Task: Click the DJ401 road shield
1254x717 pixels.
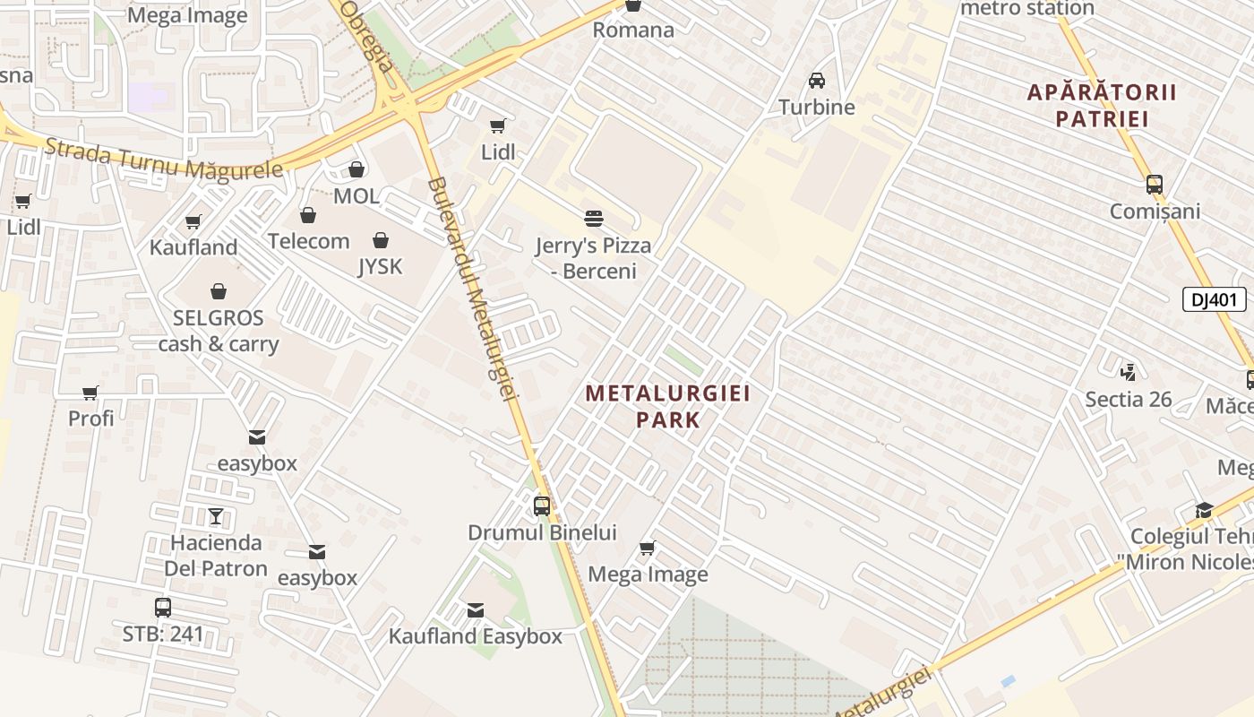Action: click(x=1214, y=299)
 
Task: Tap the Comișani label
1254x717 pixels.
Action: click(x=1155, y=212)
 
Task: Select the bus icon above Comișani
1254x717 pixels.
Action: click(x=1155, y=186)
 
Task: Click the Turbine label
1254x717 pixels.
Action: click(x=817, y=108)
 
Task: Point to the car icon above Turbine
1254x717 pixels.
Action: click(x=817, y=81)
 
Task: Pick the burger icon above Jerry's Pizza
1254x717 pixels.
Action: click(x=593, y=218)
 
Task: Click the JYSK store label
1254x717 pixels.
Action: click(x=381, y=266)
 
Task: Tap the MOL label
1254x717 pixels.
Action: click(x=356, y=195)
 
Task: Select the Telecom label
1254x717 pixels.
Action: click(x=308, y=241)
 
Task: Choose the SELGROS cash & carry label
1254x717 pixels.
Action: click(x=219, y=331)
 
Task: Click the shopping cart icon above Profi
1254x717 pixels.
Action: click(x=90, y=393)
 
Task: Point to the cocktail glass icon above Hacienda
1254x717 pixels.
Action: click(x=216, y=516)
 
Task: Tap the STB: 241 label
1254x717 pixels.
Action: click(x=163, y=635)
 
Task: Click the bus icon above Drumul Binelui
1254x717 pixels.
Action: click(x=542, y=505)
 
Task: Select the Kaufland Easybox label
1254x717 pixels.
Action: click(x=475, y=636)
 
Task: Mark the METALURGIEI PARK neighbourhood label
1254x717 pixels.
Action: click(x=667, y=406)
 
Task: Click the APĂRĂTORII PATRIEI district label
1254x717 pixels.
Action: click(x=1102, y=105)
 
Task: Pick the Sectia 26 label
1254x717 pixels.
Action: click(x=1128, y=399)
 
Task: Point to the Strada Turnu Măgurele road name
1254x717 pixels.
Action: click(x=163, y=160)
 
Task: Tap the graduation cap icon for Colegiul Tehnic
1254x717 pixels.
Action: click(x=1205, y=511)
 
